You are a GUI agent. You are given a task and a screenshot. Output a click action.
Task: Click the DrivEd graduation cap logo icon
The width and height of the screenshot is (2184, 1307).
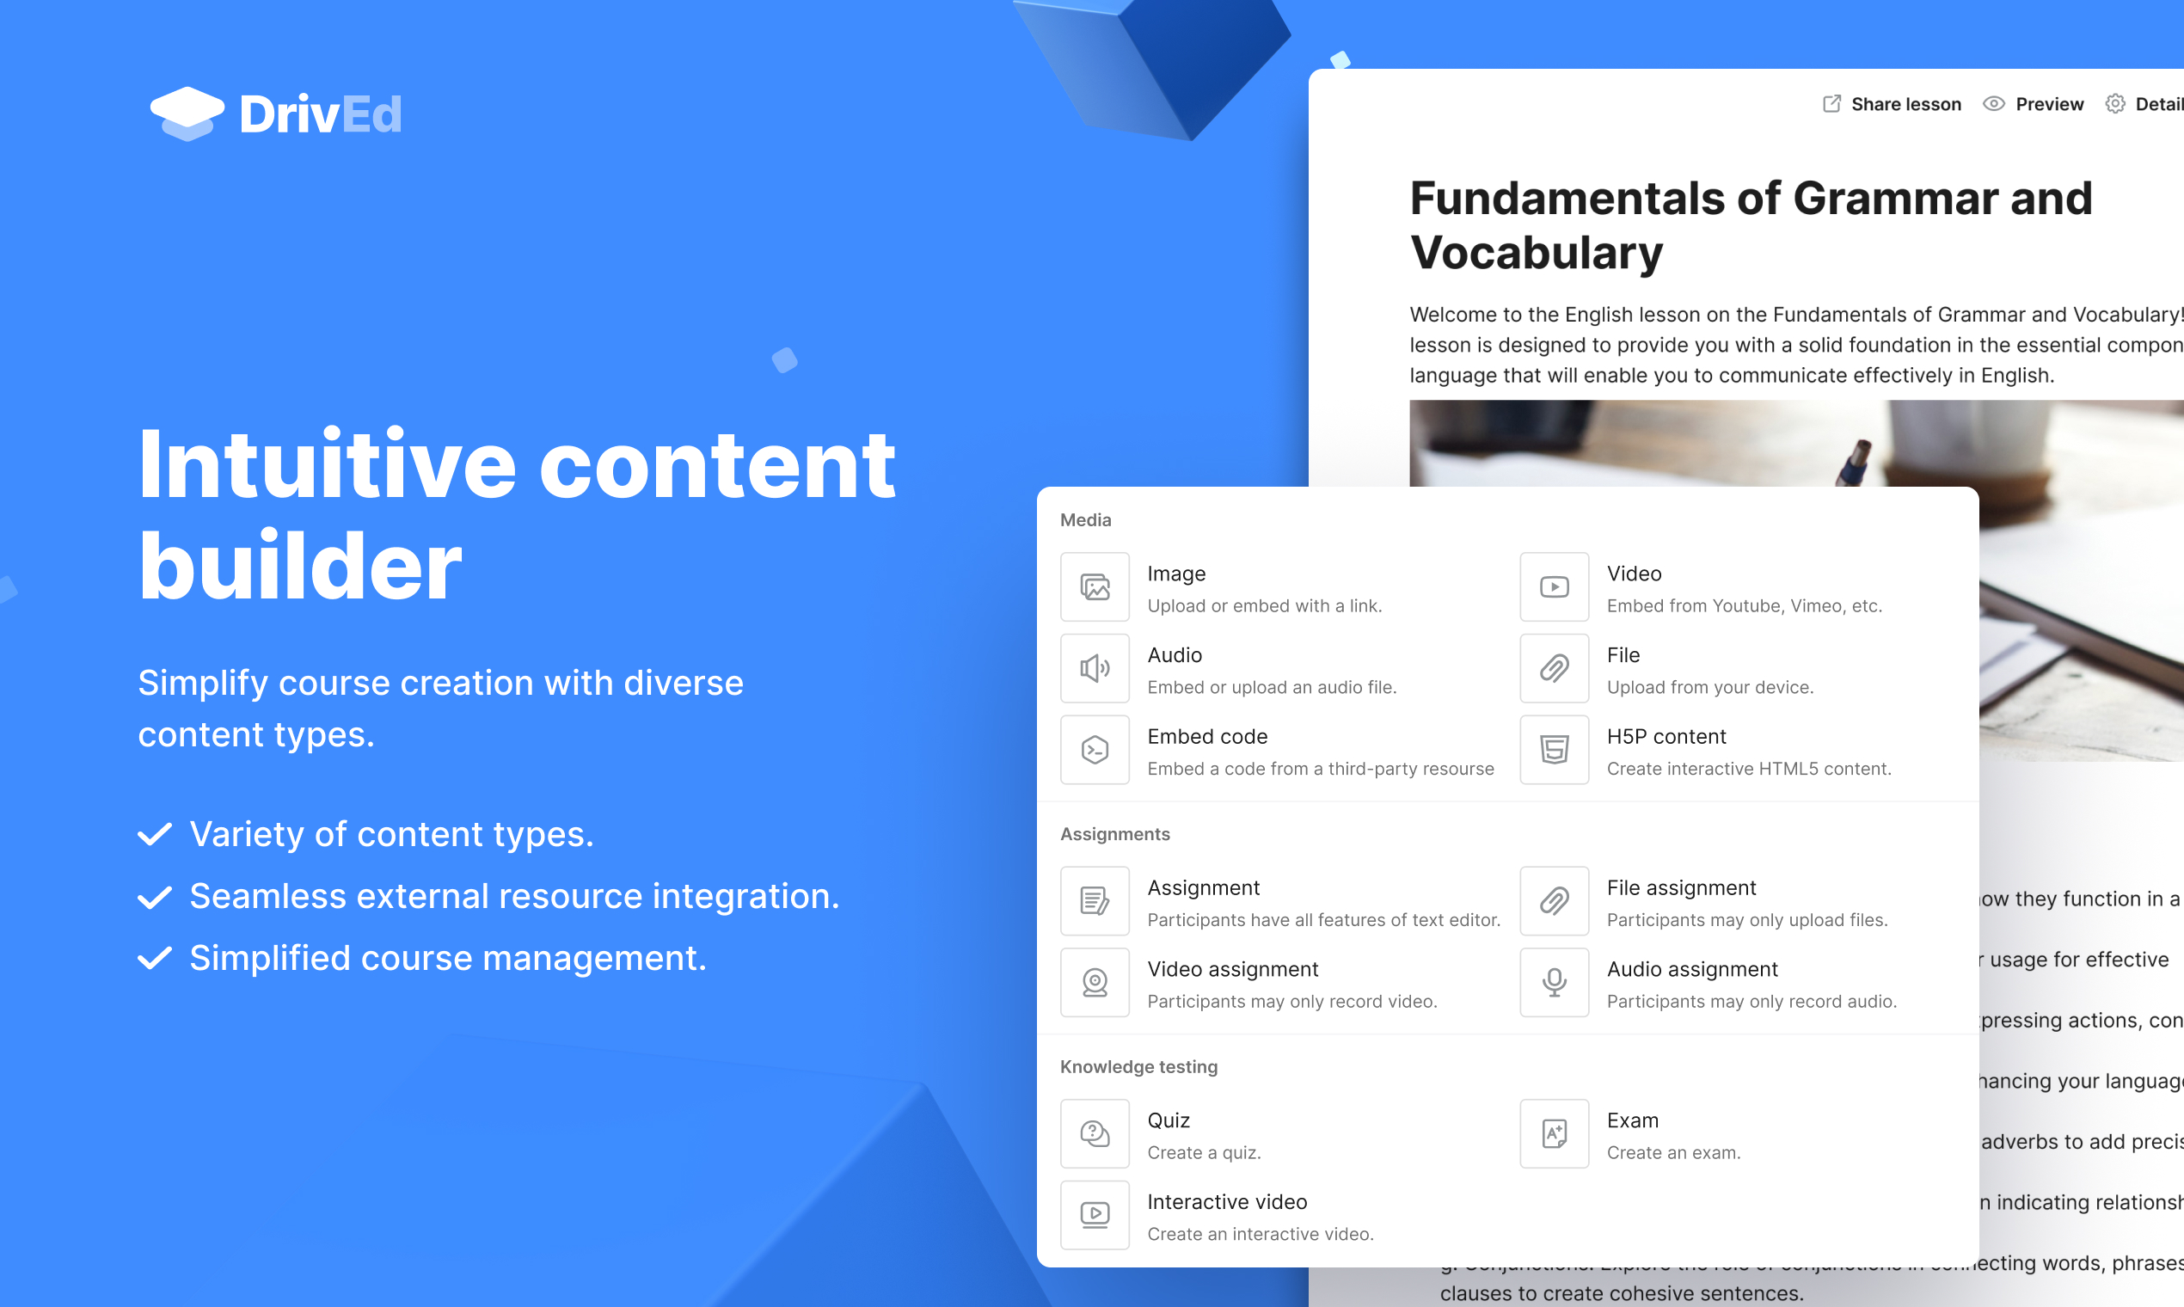(187, 114)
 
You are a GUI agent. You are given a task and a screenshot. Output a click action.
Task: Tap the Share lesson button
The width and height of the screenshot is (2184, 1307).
(1892, 104)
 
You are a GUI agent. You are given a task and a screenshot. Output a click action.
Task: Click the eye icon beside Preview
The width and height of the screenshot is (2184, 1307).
(1994, 104)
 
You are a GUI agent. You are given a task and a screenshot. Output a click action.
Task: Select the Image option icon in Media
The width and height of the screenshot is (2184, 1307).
(1095, 586)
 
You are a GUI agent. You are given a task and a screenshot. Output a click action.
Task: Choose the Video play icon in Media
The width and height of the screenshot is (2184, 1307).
(1555, 586)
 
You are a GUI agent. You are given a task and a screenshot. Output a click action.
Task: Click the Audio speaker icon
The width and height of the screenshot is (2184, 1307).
(1095, 668)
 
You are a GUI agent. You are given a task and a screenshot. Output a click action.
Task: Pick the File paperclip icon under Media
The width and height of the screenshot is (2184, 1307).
(1555, 668)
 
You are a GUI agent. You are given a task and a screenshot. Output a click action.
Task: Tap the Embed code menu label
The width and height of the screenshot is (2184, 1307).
(1207, 736)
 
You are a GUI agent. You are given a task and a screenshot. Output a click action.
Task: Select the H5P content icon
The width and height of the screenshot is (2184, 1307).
(1555, 750)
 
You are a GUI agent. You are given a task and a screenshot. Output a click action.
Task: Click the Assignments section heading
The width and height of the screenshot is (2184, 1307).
(1115, 834)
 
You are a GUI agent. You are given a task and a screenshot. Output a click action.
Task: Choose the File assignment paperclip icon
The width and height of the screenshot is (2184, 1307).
(1555, 901)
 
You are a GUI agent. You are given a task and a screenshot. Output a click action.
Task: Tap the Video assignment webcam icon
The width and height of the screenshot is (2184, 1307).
(1095, 982)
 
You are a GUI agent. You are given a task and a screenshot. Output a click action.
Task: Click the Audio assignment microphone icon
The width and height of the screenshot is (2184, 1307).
(1555, 982)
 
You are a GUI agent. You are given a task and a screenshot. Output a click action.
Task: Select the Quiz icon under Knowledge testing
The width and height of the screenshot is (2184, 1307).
(1095, 1133)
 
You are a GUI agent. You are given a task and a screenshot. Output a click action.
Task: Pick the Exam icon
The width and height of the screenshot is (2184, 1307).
(1555, 1133)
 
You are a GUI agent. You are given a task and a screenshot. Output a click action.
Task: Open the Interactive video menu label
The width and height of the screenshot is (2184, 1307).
(1227, 1202)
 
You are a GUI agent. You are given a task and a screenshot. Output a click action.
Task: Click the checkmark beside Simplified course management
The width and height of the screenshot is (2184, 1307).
(155, 958)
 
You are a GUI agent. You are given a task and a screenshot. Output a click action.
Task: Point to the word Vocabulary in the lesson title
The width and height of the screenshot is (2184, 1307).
(1537, 253)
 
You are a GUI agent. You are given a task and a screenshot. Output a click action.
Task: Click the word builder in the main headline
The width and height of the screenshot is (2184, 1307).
(300, 567)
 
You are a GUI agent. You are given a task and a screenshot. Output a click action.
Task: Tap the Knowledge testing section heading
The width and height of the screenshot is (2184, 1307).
(1138, 1066)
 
